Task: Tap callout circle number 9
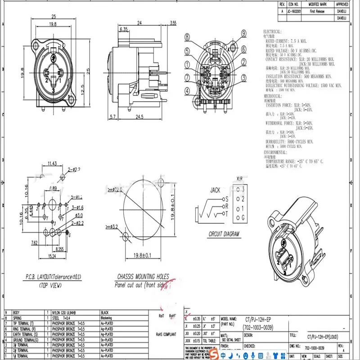pyautogui.click(x=243, y=33)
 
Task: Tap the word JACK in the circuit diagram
pyautogui.click(x=215, y=190)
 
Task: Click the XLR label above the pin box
pyautogui.click(x=239, y=179)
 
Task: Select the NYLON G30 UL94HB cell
pyautogui.click(x=66, y=312)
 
